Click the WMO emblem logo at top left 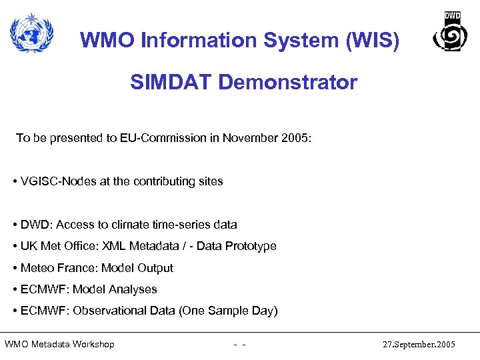pos(32,33)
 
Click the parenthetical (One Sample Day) pos(233,311)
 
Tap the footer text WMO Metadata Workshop pos(59,345)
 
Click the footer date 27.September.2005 pos(419,345)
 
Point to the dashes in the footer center pos(241,345)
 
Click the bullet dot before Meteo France pos(15,268)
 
